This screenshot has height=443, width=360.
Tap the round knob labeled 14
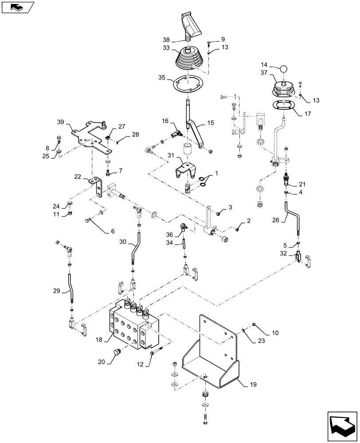point(283,69)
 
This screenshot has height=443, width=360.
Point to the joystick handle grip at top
point(191,25)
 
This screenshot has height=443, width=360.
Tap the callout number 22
point(78,176)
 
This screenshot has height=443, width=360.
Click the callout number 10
point(275,332)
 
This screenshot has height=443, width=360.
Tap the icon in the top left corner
point(17,7)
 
